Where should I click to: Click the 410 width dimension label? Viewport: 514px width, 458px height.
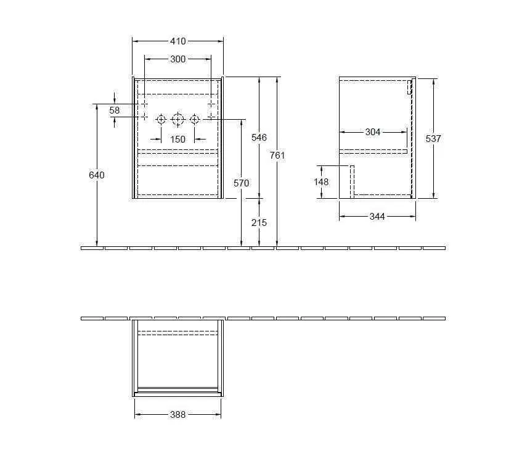(x=177, y=41)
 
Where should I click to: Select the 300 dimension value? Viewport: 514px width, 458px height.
(x=177, y=59)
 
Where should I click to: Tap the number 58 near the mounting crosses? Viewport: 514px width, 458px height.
(x=115, y=110)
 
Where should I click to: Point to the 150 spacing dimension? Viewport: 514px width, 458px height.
(x=177, y=139)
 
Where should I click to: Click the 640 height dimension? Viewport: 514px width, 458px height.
(x=97, y=175)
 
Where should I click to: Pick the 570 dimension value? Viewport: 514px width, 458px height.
(x=241, y=183)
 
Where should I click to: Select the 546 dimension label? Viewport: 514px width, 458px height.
(x=259, y=138)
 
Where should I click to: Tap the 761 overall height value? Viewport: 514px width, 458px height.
(x=277, y=156)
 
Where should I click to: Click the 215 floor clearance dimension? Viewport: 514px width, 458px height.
(x=259, y=222)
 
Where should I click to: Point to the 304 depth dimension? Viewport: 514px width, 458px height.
(x=373, y=132)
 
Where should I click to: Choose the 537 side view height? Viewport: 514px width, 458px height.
(x=433, y=139)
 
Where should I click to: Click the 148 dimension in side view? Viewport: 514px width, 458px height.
(x=321, y=182)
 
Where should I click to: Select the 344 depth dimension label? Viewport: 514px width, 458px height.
(x=377, y=217)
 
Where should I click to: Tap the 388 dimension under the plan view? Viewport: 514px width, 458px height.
(x=177, y=415)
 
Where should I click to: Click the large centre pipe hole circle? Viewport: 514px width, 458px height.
(x=177, y=119)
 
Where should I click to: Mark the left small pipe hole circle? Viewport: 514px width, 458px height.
(x=161, y=119)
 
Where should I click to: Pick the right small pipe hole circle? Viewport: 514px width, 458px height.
(x=194, y=119)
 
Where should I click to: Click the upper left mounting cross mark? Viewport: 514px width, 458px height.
(x=144, y=104)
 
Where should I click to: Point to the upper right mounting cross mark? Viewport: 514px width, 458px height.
(x=211, y=104)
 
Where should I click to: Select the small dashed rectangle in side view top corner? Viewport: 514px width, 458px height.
(x=409, y=86)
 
